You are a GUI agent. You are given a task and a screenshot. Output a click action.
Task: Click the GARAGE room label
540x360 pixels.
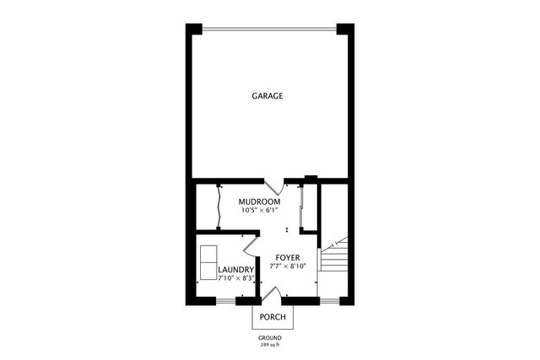(x=267, y=96)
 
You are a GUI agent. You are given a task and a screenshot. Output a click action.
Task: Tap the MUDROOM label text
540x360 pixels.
(x=259, y=202)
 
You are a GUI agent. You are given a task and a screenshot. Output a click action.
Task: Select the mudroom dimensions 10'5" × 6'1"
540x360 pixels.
(x=259, y=212)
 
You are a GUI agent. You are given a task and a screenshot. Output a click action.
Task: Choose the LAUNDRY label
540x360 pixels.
(x=236, y=270)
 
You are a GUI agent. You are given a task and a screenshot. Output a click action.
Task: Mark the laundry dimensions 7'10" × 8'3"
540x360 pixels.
(x=236, y=278)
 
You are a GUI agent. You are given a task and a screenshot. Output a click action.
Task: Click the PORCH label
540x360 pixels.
(x=273, y=318)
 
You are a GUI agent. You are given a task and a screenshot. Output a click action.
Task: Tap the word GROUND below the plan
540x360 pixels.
(x=270, y=337)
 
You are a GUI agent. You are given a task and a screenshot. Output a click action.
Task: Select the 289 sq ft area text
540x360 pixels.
(x=270, y=345)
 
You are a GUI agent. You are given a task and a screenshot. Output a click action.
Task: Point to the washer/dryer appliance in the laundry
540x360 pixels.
(x=208, y=261)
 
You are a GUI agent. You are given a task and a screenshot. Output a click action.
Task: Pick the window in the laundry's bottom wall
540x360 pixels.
(x=226, y=301)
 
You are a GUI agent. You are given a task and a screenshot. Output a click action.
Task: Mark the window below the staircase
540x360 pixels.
(x=330, y=301)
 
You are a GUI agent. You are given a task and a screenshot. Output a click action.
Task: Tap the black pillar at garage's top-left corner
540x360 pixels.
(x=194, y=29)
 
